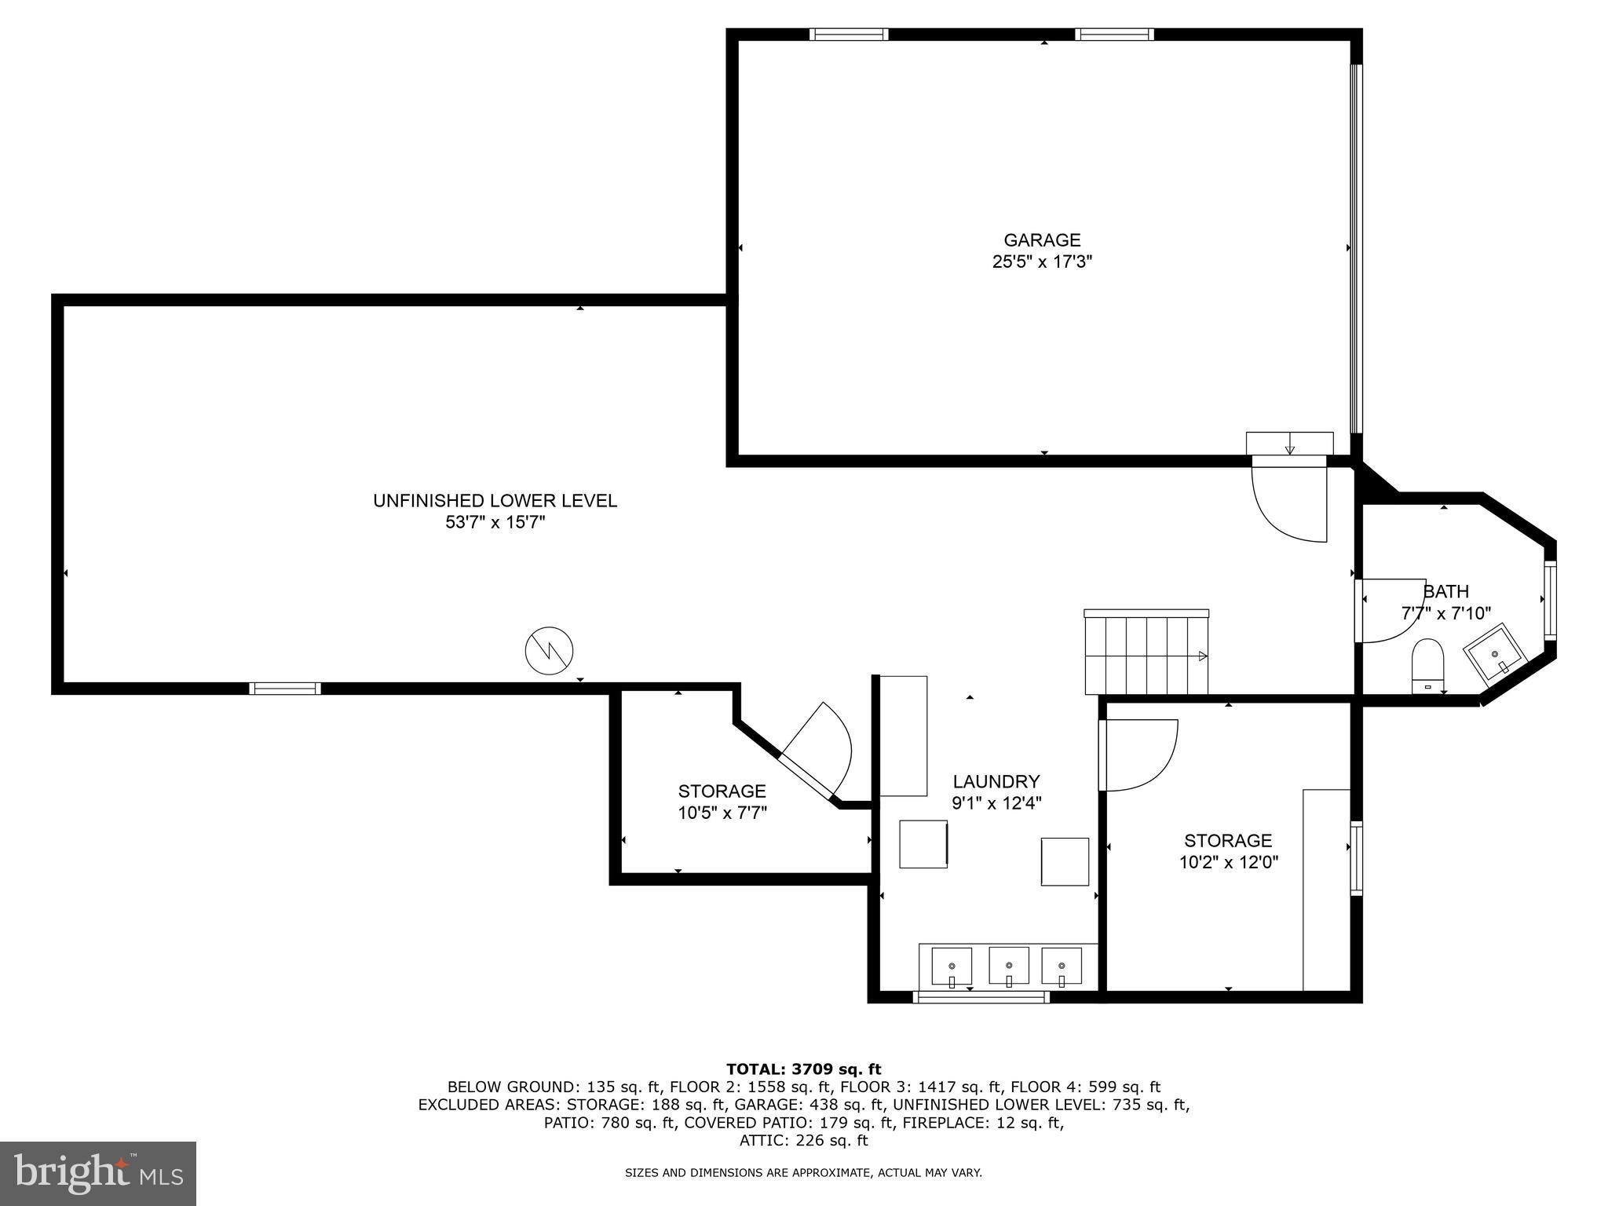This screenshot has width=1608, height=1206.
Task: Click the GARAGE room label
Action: tap(1042, 240)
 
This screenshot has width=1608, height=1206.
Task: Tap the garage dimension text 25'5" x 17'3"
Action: tap(1042, 262)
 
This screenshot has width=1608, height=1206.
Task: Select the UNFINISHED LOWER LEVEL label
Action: tap(495, 501)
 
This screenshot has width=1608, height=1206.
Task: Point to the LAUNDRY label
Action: tap(996, 781)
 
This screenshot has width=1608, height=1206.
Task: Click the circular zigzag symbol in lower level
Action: tap(549, 650)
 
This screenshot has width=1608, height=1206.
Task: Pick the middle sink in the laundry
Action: tap(1008, 966)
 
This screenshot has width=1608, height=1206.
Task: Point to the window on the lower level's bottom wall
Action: tap(285, 689)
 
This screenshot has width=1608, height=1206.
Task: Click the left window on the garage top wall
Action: tap(849, 35)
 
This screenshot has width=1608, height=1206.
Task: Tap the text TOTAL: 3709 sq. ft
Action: tap(803, 1069)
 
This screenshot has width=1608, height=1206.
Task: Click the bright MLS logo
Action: tap(97, 1173)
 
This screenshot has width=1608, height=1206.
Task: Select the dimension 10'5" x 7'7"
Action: tap(722, 813)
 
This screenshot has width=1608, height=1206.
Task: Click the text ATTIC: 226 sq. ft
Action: tap(803, 1141)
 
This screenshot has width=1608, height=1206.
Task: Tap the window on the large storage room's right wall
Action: tap(1356, 857)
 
